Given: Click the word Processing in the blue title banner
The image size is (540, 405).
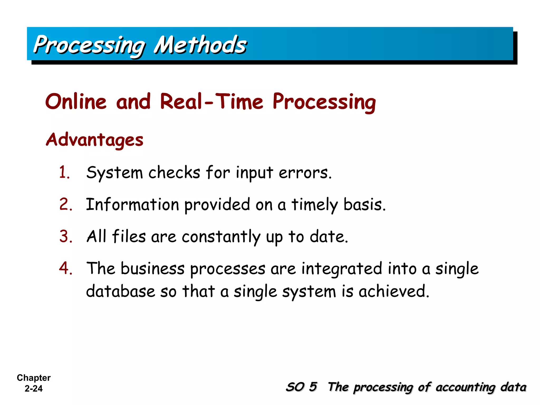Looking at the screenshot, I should (89, 45).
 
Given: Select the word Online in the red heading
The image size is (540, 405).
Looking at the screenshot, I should (76, 102).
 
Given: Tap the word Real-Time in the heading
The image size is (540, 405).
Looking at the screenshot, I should (211, 102).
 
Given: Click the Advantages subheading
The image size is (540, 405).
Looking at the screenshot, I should (94, 140).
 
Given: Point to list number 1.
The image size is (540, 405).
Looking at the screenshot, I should (64, 173).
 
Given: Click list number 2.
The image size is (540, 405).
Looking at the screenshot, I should (65, 204).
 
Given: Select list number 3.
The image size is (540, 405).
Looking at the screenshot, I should (66, 236).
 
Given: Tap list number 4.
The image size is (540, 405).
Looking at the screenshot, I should (65, 268).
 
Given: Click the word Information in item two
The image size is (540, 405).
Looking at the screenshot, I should (133, 205).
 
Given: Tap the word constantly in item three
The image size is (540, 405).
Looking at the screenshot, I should (221, 237).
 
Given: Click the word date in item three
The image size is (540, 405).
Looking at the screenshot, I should (329, 237).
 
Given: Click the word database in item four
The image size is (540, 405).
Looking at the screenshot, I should (120, 292).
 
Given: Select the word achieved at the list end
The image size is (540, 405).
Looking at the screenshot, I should (394, 292).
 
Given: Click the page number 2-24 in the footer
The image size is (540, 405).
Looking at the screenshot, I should (33, 389).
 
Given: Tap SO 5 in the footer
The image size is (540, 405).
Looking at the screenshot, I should (301, 387).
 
